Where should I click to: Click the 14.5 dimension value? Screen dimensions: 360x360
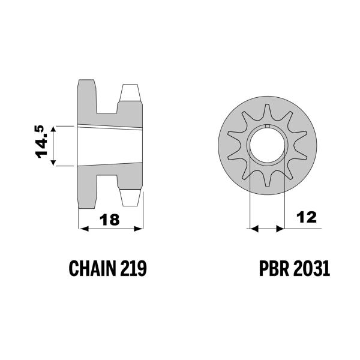(41, 142)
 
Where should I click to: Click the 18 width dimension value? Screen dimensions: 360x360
(110, 220)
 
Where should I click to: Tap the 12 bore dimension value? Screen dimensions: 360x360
(307, 217)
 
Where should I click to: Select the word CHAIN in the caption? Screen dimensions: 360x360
(92, 268)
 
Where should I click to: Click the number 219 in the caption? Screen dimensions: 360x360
(133, 268)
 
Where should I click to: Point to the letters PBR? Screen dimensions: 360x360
(274, 268)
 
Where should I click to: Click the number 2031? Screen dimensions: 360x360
(311, 268)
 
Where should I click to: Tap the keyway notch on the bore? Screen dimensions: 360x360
(267, 125)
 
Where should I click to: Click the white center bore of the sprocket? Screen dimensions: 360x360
(267, 146)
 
